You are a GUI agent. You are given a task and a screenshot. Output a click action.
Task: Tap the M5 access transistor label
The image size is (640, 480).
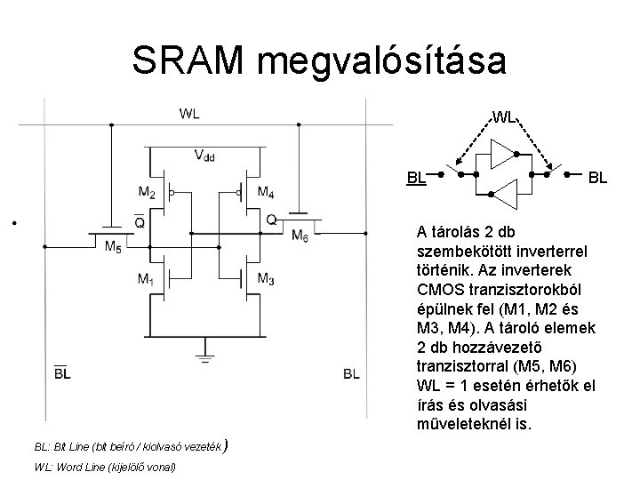coord(114,247)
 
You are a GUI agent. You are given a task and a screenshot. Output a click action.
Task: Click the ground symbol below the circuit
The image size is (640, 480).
coord(205,360)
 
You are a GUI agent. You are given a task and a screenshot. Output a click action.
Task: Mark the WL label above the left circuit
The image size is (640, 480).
coord(189,113)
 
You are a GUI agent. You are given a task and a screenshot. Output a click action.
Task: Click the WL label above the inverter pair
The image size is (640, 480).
coord(504,116)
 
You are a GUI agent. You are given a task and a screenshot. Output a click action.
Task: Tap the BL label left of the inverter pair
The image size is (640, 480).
coord(416,176)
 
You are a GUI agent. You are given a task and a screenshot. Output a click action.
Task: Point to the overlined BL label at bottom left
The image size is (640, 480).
coord(62,373)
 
